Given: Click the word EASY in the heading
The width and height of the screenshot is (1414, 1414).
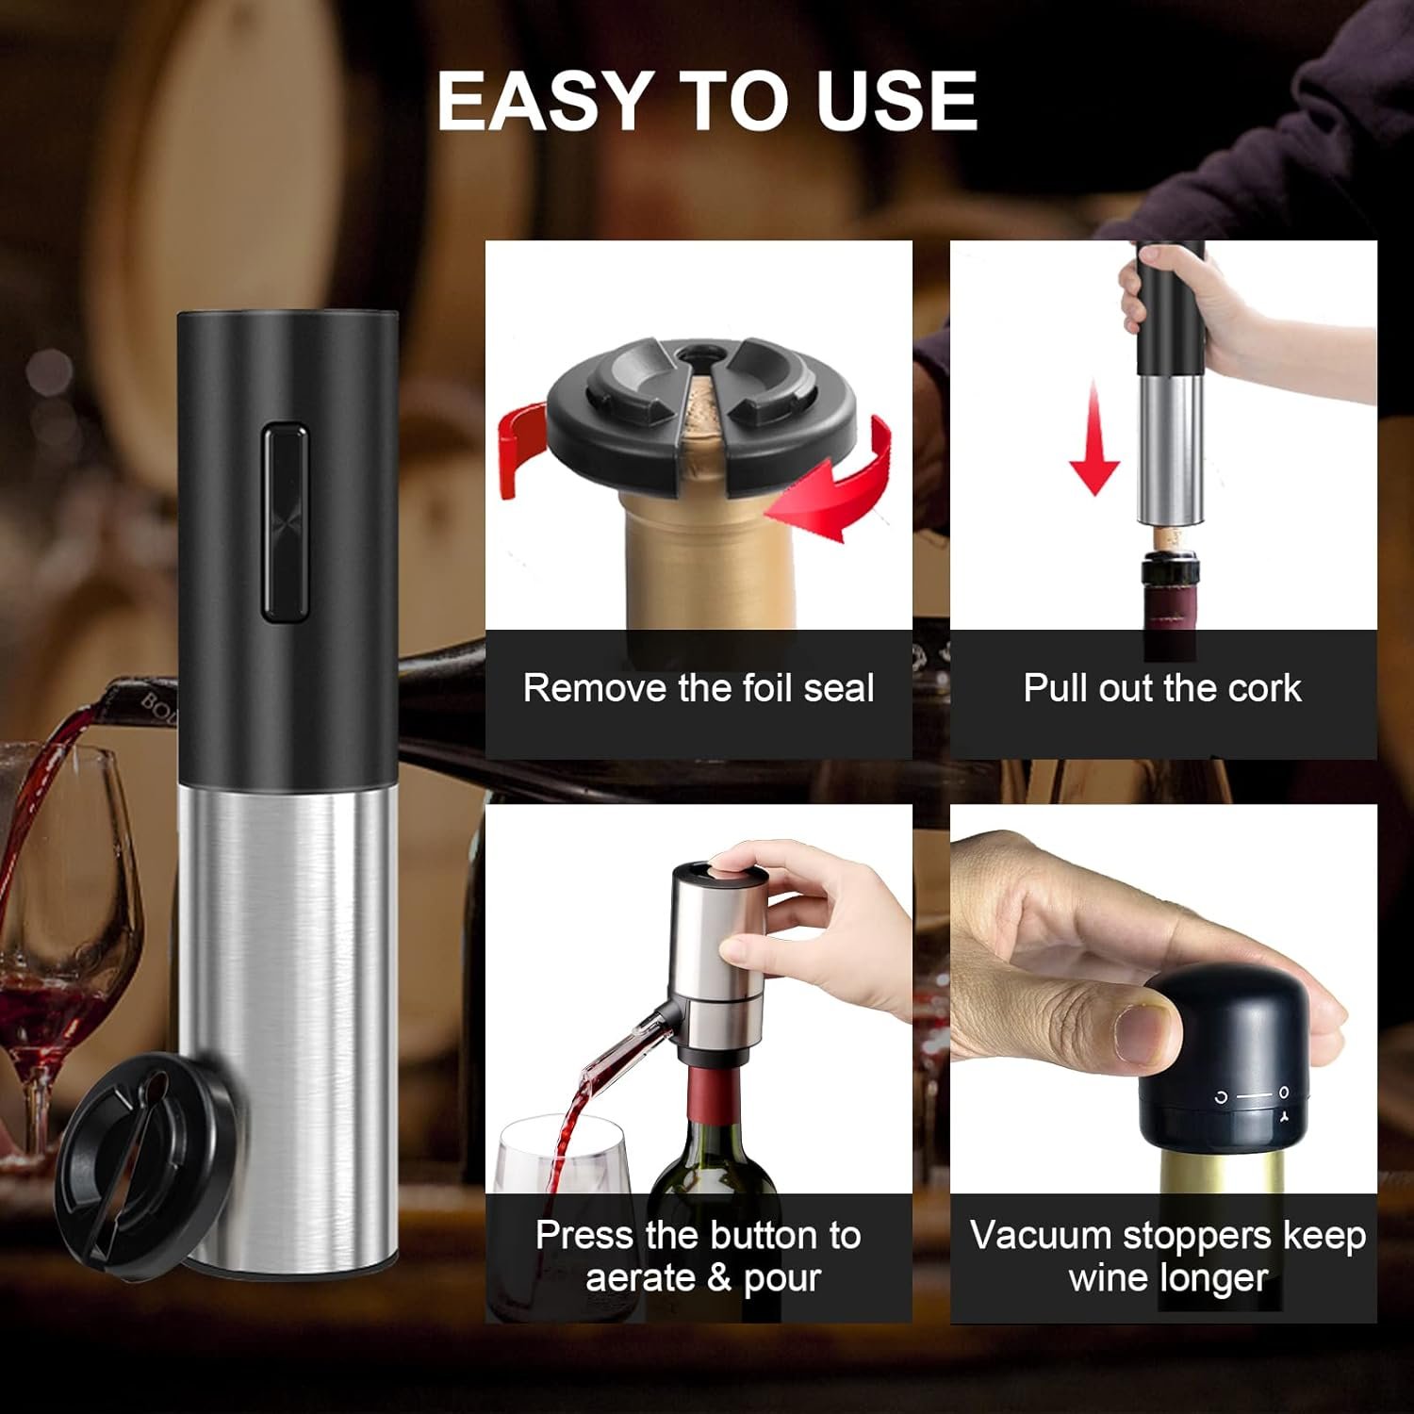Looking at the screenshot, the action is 545,101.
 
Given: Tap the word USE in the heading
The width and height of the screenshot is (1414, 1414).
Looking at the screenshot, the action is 896,101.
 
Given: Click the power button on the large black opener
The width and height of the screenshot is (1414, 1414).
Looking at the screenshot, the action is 285,523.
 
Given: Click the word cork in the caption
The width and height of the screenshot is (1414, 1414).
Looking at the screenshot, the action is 1264,688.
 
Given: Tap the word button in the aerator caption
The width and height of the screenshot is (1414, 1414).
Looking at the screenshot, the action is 765,1235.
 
